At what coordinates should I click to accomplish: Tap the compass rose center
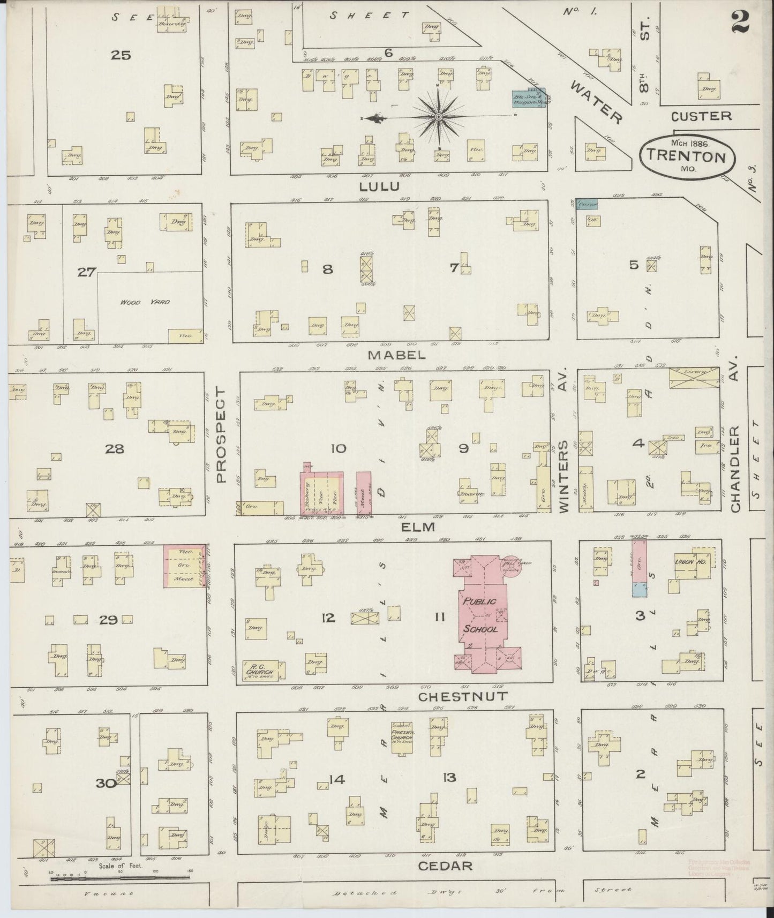(438, 116)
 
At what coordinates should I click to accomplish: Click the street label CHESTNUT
(462, 697)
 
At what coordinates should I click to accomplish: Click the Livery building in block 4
(694, 378)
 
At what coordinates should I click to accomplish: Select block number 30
(107, 784)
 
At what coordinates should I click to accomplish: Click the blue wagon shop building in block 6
(529, 99)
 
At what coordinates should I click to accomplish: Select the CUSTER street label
(701, 116)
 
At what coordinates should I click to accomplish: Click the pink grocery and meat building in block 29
(185, 566)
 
